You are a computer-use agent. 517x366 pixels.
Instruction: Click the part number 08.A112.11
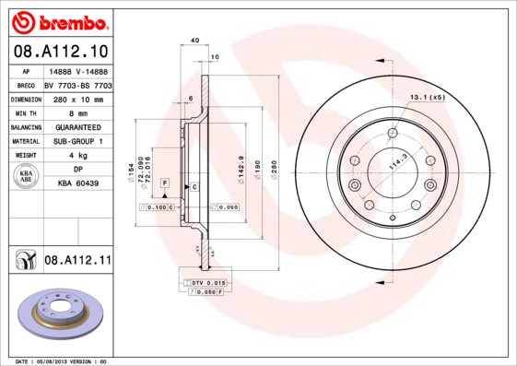pyautogui.click(x=77, y=262)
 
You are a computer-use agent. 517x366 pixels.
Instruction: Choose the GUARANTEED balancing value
pyautogui.click(x=77, y=126)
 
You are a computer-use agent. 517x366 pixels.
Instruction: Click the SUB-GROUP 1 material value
pyautogui.click(x=77, y=141)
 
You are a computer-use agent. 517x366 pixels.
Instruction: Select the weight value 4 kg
pyautogui.click(x=77, y=156)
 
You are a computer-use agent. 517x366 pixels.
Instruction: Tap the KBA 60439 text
pyautogui.click(x=77, y=183)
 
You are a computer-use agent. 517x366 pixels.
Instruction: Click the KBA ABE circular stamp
pyautogui.click(x=27, y=177)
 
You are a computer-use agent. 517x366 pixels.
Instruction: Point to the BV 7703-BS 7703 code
pyautogui.click(x=77, y=84)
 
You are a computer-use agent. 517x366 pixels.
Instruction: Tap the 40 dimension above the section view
pyautogui.click(x=194, y=41)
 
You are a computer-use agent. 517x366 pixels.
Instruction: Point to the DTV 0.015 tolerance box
pyautogui.click(x=206, y=281)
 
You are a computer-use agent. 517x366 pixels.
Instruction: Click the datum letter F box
pyautogui.click(x=164, y=184)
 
